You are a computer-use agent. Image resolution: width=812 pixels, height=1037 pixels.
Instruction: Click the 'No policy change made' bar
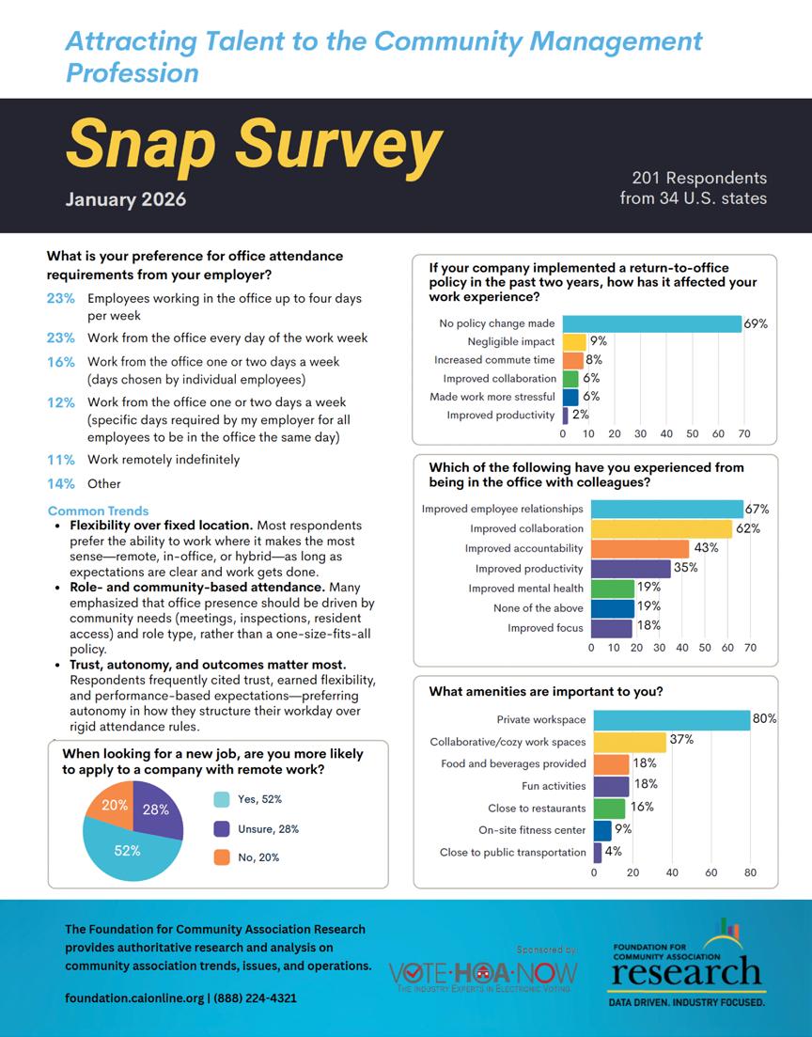click(652, 323)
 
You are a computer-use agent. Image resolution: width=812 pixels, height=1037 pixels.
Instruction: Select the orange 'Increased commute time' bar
click(572, 360)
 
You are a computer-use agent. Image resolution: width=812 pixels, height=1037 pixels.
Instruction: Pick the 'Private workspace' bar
click(671, 719)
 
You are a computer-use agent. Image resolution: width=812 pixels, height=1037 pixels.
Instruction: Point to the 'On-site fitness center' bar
click(602, 830)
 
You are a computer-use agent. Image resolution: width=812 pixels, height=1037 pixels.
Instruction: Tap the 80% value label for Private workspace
click(764, 719)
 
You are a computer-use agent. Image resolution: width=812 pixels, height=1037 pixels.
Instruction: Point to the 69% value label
click(756, 323)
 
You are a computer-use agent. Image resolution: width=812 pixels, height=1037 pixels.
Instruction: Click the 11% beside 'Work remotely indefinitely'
click(60, 460)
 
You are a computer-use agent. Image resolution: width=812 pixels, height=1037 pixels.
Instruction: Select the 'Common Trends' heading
click(91, 511)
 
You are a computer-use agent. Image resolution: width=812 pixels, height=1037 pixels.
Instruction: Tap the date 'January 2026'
click(126, 199)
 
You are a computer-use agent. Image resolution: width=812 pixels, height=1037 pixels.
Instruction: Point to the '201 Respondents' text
click(698, 178)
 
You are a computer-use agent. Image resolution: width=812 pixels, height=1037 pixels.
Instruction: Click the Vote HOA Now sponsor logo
click(482, 974)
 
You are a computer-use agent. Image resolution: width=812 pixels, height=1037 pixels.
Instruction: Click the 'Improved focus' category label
click(545, 628)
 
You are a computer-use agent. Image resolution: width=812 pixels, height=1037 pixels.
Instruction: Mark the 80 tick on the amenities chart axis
click(750, 872)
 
